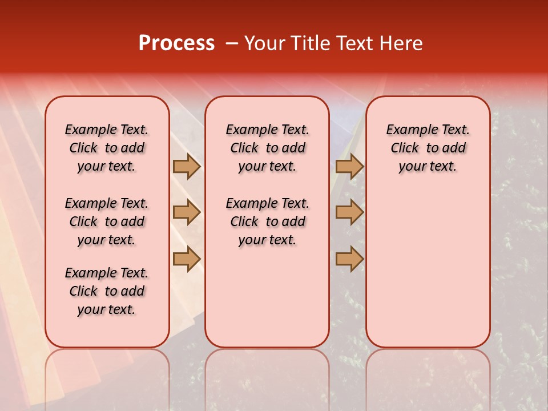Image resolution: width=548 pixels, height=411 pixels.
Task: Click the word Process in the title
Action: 176,43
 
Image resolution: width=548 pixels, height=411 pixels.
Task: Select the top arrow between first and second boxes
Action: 187,166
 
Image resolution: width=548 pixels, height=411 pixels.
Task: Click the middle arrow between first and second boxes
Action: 187,212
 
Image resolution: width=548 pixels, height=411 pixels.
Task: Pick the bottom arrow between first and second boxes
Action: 187,259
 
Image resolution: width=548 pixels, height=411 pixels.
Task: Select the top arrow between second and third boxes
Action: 349,166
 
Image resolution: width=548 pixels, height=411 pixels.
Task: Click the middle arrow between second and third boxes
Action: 349,212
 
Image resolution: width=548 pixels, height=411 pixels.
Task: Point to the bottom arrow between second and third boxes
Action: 349,259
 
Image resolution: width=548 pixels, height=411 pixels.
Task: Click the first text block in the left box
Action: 107,148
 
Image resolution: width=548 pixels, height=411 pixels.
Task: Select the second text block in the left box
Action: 107,221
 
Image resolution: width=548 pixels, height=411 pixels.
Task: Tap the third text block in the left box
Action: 107,291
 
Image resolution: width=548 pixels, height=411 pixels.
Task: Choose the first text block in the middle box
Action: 267,148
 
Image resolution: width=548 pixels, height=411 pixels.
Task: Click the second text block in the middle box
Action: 267,221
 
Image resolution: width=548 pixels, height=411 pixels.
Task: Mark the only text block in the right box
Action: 428,148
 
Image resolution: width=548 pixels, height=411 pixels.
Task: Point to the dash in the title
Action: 232,43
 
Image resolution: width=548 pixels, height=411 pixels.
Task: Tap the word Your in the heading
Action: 265,43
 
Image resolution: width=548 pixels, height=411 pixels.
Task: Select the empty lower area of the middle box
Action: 267,297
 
